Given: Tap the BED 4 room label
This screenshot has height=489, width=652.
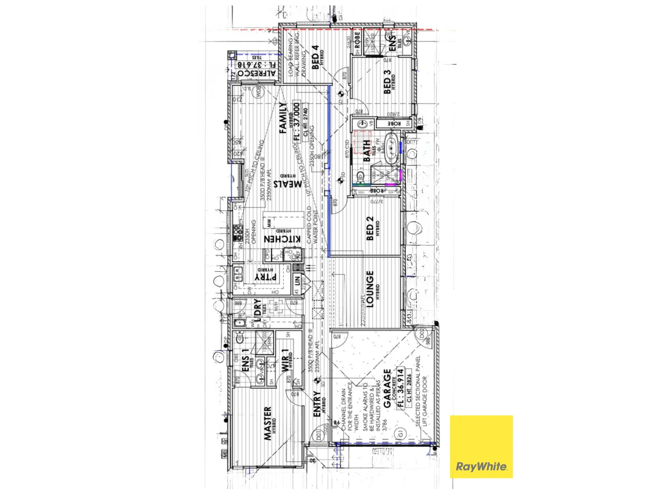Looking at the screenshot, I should coord(314,58).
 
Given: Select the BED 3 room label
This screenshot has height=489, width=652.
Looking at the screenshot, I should coord(387,82).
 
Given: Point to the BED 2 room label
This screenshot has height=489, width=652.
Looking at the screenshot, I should coord(370,228).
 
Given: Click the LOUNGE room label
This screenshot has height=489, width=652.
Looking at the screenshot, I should coord(370,289).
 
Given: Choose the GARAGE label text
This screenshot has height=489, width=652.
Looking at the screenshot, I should coord(387,388).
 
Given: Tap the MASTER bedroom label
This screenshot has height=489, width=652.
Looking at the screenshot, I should coord(268,423).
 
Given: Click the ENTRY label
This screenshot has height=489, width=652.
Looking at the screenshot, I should coord(317,404).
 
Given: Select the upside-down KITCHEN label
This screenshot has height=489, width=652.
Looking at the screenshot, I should coord(282,239).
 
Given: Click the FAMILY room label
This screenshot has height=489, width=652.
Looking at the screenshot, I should coord(283,118).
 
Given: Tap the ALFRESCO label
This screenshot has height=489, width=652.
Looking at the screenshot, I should coord(257,73).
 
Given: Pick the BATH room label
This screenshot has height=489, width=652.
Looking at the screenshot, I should coord(367,150).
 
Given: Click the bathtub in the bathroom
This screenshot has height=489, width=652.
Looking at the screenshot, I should coord(390,147).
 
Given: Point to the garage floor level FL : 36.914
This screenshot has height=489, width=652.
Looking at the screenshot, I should coord(401,388).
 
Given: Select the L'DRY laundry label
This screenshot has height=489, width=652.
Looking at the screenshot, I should coord(257,310).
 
